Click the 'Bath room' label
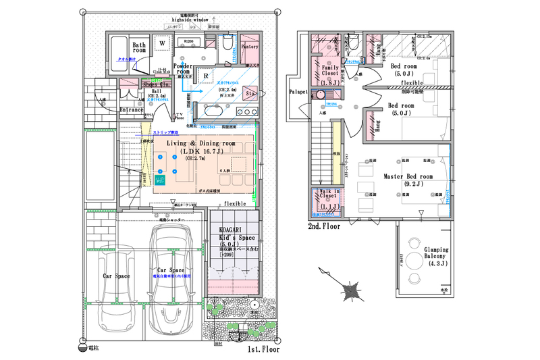(x=139, y=47)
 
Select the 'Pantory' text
(x=250, y=47)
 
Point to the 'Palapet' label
(x=298, y=91)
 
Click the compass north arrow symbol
(x=350, y=291)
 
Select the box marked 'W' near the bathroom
(x=162, y=43)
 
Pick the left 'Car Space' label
(x=116, y=276)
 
